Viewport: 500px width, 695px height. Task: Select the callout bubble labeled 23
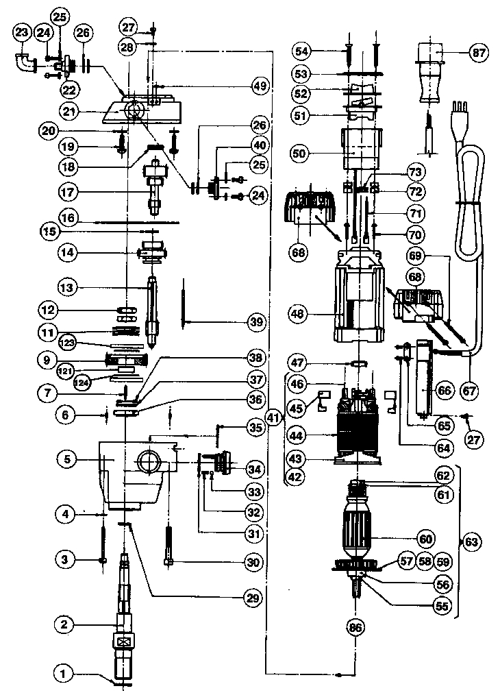tap(22, 32)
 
